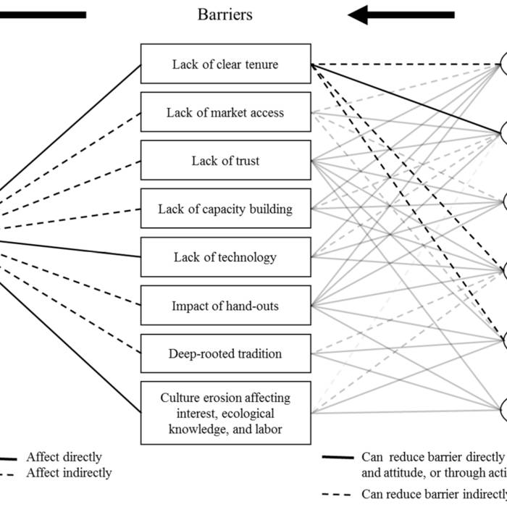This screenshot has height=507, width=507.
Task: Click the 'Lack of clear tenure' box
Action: click(x=225, y=64)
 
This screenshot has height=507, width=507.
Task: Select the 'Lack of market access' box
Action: click(x=225, y=112)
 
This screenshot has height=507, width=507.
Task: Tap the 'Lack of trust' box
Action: click(x=225, y=161)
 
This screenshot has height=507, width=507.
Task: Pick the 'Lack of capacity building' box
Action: click(x=225, y=209)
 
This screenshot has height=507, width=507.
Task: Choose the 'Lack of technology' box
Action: click(x=225, y=257)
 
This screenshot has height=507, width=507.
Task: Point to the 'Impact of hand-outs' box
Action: click(x=225, y=306)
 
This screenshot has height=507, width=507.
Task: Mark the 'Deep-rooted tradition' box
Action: click(x=225, y=354)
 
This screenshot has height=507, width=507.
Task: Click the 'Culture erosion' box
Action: click(x=225, y=413)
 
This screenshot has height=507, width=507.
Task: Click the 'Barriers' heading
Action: click(x=225, y=14)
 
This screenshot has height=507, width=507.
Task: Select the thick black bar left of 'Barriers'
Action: click(x=43, y=14)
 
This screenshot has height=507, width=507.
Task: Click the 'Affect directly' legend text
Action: click(x=64, y=458)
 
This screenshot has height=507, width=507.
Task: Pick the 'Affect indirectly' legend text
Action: click(x=69, y=473)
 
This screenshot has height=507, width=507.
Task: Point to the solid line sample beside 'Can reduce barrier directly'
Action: click(x=338, y=458)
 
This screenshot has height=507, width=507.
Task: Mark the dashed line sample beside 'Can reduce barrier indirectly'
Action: click(x=338, y=495)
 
